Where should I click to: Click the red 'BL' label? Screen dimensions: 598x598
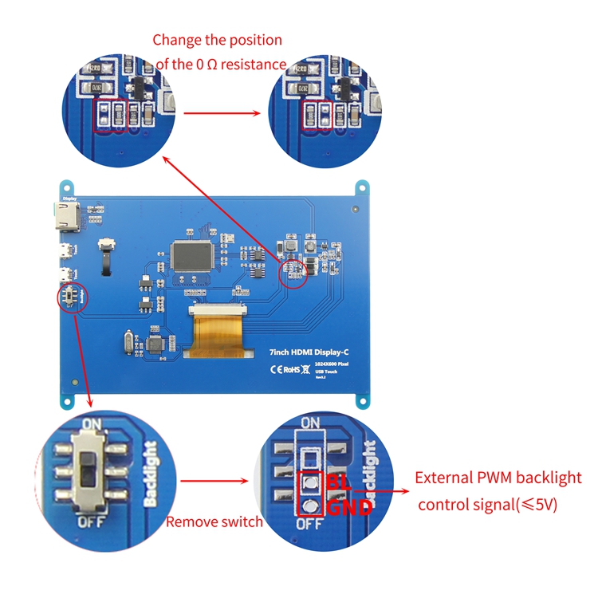338,483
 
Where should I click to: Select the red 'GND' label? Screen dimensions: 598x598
348,506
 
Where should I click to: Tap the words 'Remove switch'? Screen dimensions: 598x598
214,522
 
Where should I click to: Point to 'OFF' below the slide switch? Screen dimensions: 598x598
89,523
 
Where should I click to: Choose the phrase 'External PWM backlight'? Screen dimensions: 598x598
498,478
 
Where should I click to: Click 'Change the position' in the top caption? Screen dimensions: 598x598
217,40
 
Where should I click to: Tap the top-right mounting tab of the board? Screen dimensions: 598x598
362,188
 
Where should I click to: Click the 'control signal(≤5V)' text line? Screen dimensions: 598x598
487,504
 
